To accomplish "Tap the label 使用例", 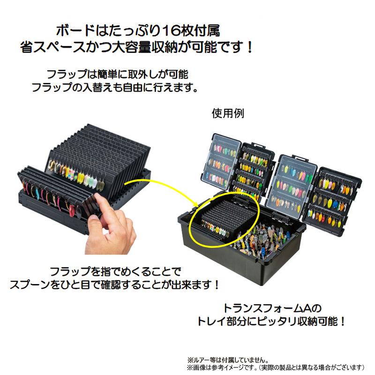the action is (228, 113).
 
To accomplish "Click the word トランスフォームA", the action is (267, 308).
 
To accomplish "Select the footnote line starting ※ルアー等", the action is (228, 360).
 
